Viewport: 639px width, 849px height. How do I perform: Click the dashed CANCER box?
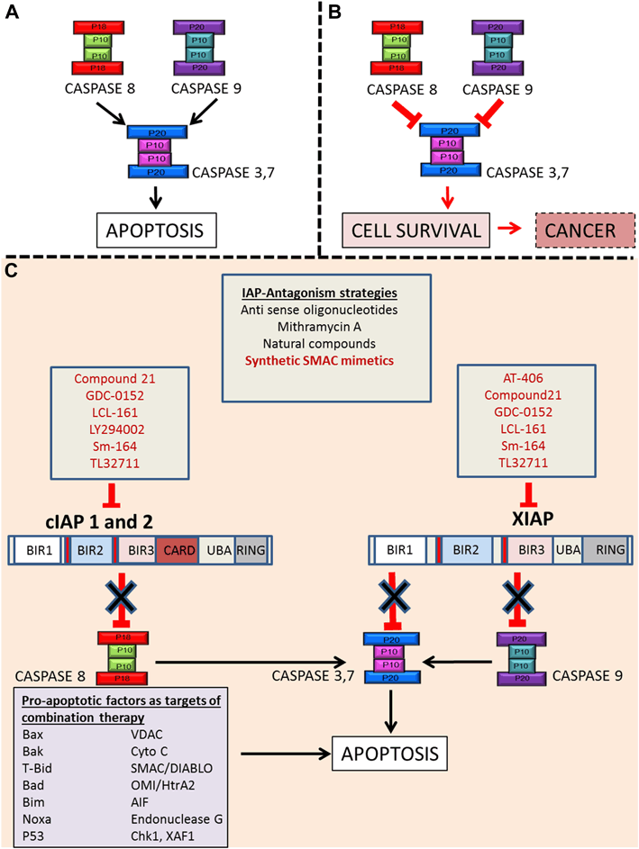click(584, 230)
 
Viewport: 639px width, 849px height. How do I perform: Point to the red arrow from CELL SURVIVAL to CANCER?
click(510, 230)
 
